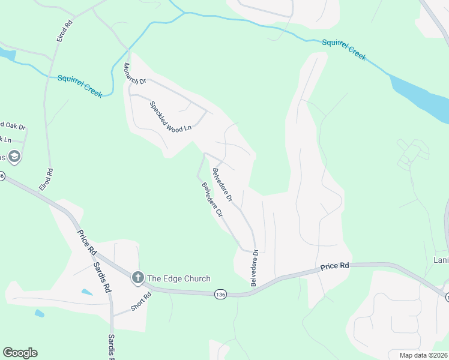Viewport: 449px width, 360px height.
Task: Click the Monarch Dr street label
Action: coord(134,73)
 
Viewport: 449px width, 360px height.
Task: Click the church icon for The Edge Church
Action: coord(137,277)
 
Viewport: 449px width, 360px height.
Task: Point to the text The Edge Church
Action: coord(179,278)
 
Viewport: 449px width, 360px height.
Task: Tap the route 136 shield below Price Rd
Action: coord(220,294)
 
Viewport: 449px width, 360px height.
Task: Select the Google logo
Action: coord(20,352)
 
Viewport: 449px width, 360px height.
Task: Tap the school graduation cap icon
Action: coord(14,157)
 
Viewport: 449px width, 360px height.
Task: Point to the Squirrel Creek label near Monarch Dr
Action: coord(80,85)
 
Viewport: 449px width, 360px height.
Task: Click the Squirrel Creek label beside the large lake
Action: coord(343,49)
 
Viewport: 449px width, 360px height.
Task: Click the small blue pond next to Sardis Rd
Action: coord(87,292)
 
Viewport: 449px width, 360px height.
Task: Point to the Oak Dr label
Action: coord(15,126)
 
